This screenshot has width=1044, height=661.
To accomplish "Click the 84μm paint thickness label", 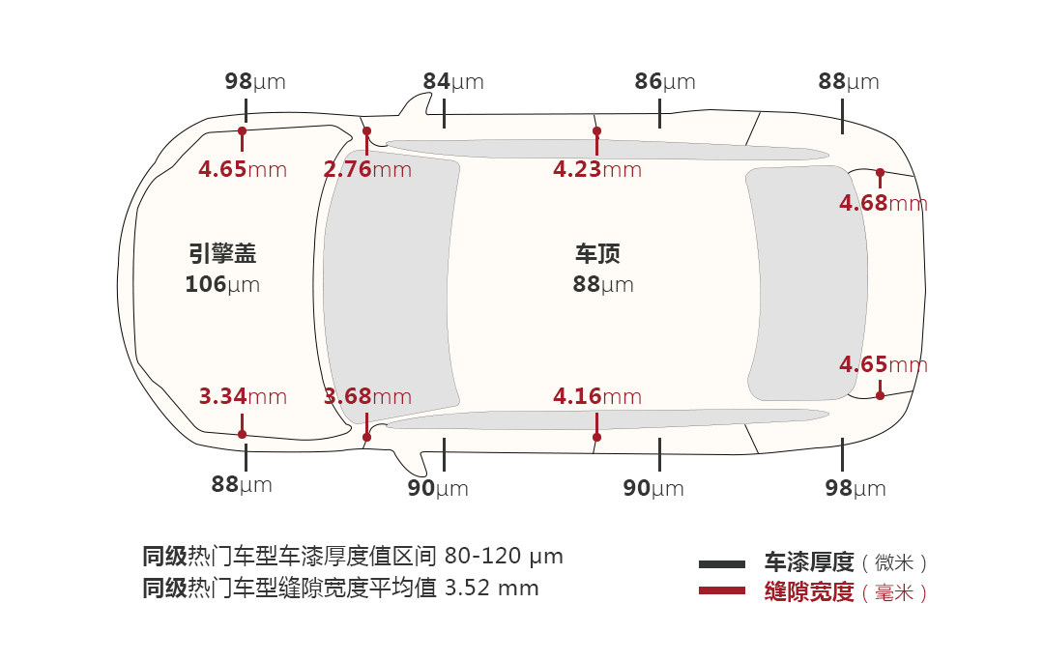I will click(x=452, y=82).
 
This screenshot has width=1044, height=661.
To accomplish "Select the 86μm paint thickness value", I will click(x=664, y=82).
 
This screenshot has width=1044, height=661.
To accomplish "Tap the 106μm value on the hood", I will click(x=222, y=285).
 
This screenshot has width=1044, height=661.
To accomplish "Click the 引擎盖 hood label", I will click(x=222, y=254).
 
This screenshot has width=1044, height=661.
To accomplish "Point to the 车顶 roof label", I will click(x=597, y=254).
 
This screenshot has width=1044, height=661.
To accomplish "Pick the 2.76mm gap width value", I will click(x=367, y=170).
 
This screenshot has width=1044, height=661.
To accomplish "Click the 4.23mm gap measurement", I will click(x=596, y=170).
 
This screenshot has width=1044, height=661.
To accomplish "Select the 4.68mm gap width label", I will click(x=883, y=204).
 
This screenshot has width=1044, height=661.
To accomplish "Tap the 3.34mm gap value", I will click(x=243, y=396).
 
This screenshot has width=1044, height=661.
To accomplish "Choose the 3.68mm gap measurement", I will click(x=367, y=396).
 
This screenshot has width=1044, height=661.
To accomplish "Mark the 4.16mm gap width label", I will click(x=596, y=396).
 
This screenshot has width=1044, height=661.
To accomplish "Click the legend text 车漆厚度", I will click(x=809, y=562).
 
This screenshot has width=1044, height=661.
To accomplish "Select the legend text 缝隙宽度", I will click(x=809, y=592).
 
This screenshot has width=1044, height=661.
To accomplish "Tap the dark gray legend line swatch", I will click(x=722, y=563).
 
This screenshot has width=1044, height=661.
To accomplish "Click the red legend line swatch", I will click(x=722, y=590).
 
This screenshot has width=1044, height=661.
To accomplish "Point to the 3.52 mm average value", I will click(x=491, y=588).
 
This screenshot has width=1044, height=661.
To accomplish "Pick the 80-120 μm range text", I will click(x=504, y=557).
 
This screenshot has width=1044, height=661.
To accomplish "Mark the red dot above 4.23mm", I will click(x=596, y=131).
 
